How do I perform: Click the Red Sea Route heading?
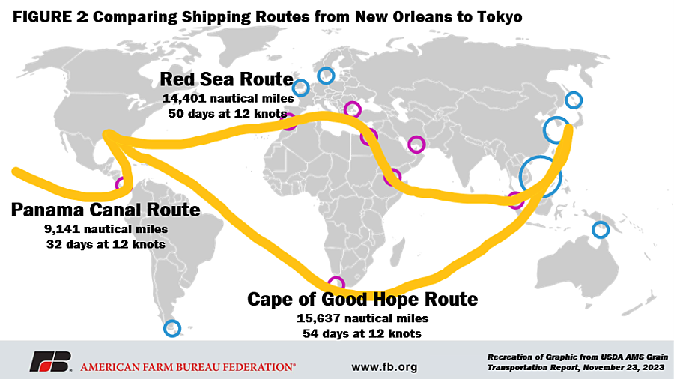click(226, 80)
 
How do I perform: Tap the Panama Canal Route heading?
click(106, 210)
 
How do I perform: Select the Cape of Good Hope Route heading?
click(362, 300)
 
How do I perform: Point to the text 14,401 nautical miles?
click(225, 98)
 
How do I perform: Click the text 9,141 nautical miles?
click(106, 228)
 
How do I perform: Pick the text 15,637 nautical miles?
click(362, 318)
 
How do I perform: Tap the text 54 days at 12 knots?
click(362, 333)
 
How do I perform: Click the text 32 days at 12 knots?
click(106, 244)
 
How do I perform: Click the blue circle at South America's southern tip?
click(172, 328)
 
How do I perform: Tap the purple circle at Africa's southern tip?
click(337, 284)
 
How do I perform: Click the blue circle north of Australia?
click(600, 229)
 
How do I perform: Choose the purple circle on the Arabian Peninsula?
click(416, 144)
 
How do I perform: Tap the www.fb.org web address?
click(384, 367)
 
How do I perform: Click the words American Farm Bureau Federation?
click(187, 367)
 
